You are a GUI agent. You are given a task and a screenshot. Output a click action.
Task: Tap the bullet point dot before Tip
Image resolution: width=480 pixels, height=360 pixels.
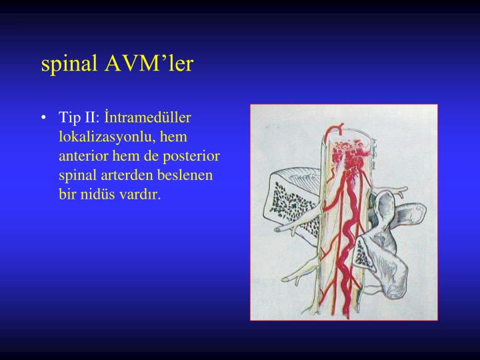pos(44,119)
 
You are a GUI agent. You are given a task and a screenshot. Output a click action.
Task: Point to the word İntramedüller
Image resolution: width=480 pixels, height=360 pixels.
pos(148,118)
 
